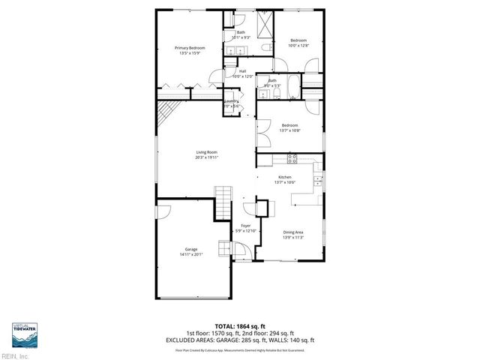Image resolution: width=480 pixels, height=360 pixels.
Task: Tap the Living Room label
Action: coord(206,153)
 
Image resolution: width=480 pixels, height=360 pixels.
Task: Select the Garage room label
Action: coord(191,249)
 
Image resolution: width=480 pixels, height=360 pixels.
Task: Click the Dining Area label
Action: coord(293,232)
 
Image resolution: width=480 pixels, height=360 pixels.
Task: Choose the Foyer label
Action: coord(245,225)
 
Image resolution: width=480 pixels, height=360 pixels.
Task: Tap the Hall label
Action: coord(242,72)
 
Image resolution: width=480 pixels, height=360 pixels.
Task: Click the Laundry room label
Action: coord(231,102)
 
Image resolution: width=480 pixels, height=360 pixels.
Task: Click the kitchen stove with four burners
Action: coord(293,158)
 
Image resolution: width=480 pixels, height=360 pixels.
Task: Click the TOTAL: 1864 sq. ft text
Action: coord(240,326)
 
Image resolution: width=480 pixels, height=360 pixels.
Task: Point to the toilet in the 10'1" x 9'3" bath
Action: coord(264,49)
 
